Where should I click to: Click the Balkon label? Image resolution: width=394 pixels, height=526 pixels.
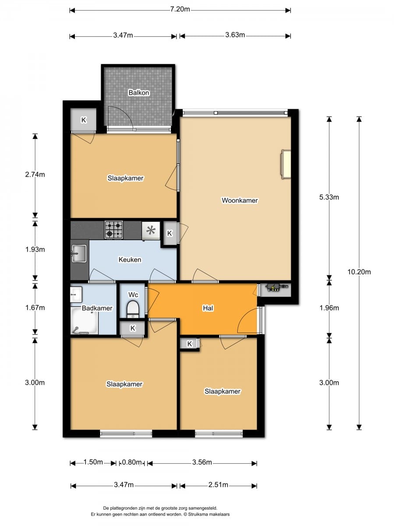(x=139, y=92)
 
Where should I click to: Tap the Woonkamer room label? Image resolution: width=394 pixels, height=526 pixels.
(x=240, y=200)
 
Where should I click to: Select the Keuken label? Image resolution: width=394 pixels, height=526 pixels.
(x=130, y=259)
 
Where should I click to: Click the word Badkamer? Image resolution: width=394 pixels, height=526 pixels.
(x=97, y=308)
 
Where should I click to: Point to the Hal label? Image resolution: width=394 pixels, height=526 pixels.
(x=208, y=308)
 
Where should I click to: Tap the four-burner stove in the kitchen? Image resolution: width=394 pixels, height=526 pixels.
(x=114, y=230)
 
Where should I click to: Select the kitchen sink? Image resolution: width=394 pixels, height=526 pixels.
(x=79, y=253)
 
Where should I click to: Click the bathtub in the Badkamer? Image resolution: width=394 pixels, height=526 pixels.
(x=84, y=321)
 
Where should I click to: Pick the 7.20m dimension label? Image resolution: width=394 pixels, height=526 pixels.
(x=180, y=9)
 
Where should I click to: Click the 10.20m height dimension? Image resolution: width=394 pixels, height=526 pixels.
(x=359, y=272)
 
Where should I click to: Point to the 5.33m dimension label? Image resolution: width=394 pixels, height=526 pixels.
(x=329, y=197)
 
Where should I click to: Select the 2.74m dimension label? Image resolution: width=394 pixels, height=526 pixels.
(x=35, y=174)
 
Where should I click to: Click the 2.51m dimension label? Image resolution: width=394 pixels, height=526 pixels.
(x=218, y=485)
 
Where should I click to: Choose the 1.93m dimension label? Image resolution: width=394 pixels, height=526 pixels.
(x=35, y=249)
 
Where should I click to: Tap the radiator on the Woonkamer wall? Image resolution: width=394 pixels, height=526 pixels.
(x=286, y=164)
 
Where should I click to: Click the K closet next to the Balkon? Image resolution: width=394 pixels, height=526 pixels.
(x=84, y=120)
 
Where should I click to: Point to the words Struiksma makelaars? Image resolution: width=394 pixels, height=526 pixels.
(x=209, y=514)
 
